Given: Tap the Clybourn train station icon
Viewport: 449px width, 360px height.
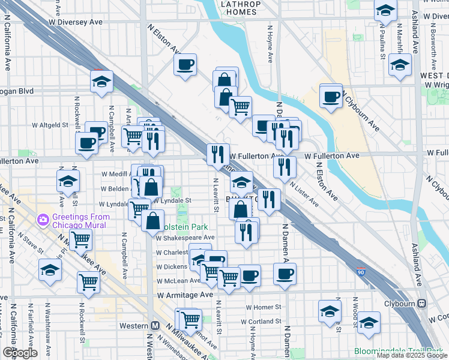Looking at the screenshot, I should (422, 304).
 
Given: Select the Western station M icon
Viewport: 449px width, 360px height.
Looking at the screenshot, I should (155, 326).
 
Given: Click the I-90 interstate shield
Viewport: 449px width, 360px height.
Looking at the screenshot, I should (361, 272).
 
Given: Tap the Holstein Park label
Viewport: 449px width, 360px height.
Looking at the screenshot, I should (187, 227).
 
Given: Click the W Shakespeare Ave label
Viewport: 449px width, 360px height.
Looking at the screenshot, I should (185, 238).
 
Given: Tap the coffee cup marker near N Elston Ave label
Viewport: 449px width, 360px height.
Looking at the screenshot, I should (185, 64).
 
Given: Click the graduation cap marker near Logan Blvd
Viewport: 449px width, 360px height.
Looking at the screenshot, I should (102, 82).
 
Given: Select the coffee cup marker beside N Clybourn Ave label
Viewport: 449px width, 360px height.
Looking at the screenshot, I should (331, 96).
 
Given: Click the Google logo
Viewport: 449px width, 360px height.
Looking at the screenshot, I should (19, 353).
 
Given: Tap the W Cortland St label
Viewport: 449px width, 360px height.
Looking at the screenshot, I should (261, 322).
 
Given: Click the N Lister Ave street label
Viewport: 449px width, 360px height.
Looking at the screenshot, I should (304, 193).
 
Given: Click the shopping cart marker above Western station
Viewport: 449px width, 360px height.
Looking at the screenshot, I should (190, 319).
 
